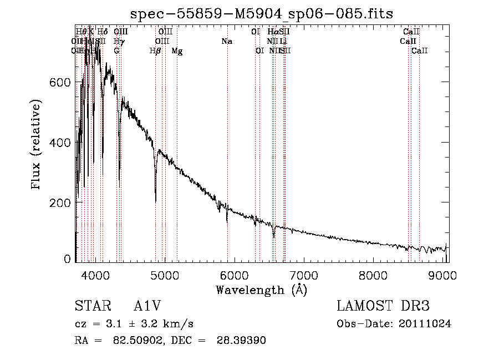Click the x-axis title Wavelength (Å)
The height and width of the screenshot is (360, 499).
tap(261, 290)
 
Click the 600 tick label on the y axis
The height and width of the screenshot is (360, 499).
tap(61, 82)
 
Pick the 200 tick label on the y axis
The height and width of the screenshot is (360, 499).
tap(61, 203)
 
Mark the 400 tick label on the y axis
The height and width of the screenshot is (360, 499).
tap(61, 143)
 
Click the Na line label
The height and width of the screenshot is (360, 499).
tap(226, 42)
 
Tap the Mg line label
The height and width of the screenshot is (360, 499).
tap(177, 51)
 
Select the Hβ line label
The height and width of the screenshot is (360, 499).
tap(156, 51)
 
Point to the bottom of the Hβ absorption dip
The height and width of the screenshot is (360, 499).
tap(155, 201)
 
